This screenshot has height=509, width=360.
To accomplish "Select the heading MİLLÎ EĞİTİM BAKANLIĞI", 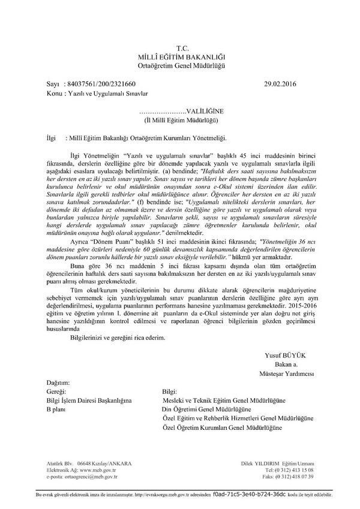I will [x=182, y=55].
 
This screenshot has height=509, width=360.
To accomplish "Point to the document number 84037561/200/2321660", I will [x=104, y=85].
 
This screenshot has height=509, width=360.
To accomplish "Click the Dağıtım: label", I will [x=58, y=382].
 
